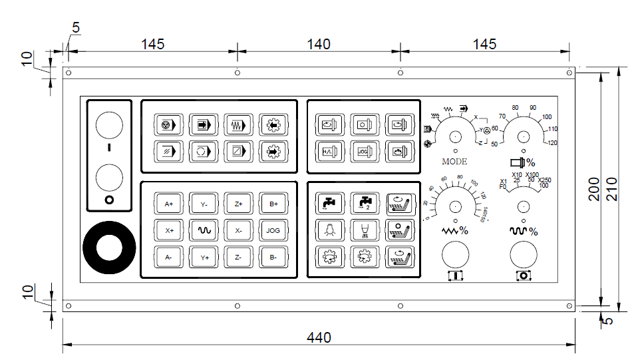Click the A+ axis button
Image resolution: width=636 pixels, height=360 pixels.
point(168,204)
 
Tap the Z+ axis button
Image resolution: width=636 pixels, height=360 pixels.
point(238,204)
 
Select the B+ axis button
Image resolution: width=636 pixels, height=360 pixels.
point(273,204)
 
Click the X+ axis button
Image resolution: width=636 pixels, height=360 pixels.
point(168,230)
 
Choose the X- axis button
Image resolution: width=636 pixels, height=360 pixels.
point(238,230)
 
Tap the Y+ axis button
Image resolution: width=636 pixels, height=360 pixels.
point(204,257)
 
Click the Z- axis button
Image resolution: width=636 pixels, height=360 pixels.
point(238,257)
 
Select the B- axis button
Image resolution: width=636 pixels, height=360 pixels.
point(273,257)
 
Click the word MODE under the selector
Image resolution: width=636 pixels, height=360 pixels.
point(454,161)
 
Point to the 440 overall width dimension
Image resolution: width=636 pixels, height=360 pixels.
point(319,337)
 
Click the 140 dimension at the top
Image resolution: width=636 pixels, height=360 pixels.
point(319,44)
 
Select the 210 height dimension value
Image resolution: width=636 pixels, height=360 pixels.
point(613,189)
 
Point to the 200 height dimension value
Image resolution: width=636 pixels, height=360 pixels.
point(595,189)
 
